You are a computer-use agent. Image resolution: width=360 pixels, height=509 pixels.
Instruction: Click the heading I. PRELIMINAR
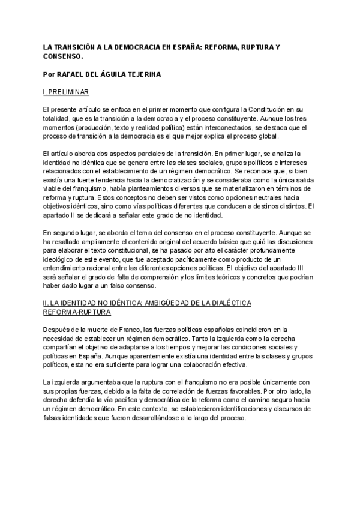coord(67,94)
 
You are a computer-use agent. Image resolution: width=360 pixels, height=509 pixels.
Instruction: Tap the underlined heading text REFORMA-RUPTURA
coord(79,313)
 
